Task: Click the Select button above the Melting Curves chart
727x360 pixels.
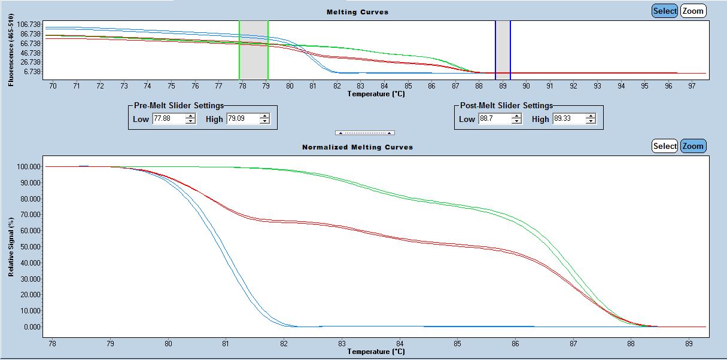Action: click(x=665, y=11)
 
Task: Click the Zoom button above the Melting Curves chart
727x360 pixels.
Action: click(x=693, y=11)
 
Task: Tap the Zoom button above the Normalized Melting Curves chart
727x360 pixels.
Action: click(x=693, y=146)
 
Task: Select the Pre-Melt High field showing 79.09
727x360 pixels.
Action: click(x=242, y=119)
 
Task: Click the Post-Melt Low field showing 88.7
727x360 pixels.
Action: click(x=494, y=119)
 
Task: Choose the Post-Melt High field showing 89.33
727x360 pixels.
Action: click(x=568, y=119)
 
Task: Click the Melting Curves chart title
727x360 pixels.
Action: click(x=357, y=12)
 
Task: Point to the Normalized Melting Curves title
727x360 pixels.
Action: click(x=357, y=147)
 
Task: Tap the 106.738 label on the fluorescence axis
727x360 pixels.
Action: click(x=29, y=25)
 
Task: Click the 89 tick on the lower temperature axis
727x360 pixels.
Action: click(x=689, y=343)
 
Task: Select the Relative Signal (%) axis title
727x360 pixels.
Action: click(x=11, y=246)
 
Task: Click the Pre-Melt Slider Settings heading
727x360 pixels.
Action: click(x=179, y=106)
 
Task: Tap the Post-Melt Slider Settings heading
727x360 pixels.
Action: click(x=506, y=106)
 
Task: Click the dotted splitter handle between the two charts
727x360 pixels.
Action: click(x=364, y=132)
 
